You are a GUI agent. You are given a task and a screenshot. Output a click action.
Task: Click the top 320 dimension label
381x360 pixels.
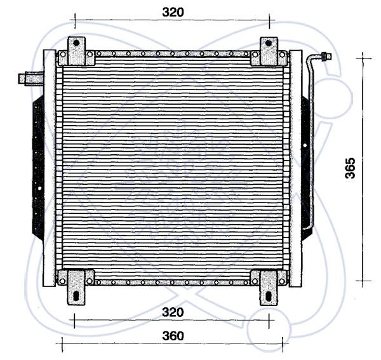[173, 12]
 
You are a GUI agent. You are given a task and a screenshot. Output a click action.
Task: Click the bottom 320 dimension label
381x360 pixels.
[173, 312]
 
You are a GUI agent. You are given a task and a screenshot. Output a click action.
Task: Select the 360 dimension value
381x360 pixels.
[173, 336]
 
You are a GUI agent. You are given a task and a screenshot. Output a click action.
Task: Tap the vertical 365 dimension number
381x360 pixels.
[350, 168]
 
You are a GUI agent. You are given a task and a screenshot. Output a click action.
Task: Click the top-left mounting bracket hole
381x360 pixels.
[76, 43]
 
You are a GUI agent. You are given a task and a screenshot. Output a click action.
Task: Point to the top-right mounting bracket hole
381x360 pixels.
[268, 43]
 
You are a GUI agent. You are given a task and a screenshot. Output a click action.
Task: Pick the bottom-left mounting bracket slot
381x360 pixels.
[76, 296]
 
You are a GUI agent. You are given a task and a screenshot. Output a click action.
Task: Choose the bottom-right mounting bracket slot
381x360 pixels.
[268, 296]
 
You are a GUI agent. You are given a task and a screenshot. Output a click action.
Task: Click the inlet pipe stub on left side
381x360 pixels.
[31, 78]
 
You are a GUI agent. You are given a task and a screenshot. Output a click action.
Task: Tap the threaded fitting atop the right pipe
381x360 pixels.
[326, 56]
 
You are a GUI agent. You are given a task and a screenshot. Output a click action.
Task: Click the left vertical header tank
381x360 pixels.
[50, 168]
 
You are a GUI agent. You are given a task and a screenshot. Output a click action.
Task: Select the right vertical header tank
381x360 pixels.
[296, 168]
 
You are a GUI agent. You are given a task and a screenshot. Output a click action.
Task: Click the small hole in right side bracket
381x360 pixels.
[305, 145]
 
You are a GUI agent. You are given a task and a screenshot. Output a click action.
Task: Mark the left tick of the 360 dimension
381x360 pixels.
[62, 344]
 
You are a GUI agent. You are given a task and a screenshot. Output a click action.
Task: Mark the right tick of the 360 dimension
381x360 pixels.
[282, 344]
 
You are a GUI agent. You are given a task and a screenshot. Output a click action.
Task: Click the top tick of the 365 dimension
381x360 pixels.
[363, 58]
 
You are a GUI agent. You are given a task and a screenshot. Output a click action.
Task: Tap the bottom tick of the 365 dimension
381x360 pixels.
[363, 281]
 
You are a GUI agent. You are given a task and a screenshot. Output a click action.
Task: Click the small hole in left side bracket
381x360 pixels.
[40, 188]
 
